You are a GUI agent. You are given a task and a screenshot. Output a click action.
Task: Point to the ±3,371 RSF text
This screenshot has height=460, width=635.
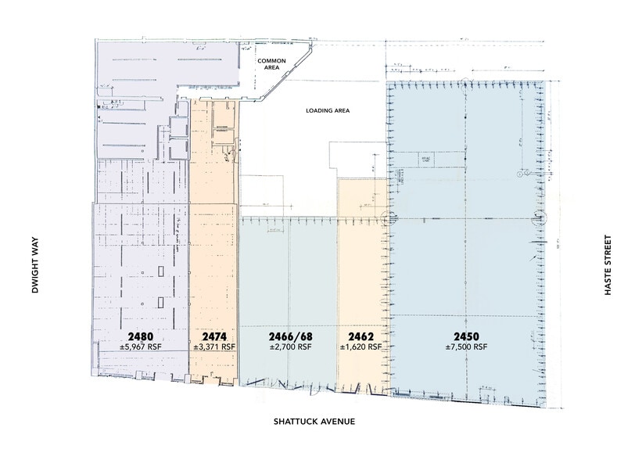pos(214,347)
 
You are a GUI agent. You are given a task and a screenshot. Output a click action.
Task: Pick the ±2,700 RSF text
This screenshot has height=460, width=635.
pos(290,347)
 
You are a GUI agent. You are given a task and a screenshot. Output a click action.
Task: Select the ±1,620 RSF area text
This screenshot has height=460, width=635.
pos(362,347)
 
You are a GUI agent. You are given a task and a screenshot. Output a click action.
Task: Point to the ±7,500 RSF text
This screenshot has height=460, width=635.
pos(467,347)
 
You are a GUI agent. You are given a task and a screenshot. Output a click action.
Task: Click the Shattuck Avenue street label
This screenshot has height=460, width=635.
pos(314,422)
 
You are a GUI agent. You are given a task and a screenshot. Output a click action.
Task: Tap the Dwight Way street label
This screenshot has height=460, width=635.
pos(35,266)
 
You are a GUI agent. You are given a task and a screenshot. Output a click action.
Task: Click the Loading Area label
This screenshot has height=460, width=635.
pos(326,111)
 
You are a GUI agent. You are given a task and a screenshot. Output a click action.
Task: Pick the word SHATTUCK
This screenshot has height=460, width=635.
pos(295,422)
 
